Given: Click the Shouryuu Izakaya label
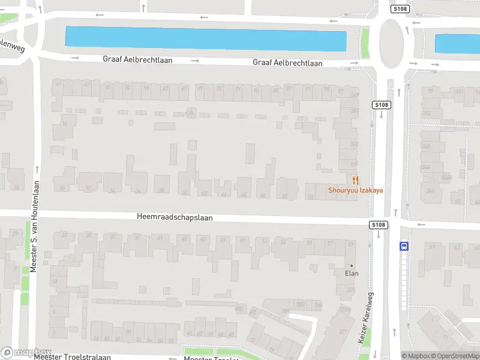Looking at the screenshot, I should click(355, 190).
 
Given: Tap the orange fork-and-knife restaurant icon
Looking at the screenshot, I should click(355, 179).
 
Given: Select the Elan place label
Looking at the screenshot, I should click(352, 274).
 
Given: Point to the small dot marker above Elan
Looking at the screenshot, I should click(352, 266).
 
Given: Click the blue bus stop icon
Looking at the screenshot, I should click(404, 245).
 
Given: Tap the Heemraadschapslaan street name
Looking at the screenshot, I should click(175, 218).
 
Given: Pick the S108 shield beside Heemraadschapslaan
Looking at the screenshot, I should click(377, 225).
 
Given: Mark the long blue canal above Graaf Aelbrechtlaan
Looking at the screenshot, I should click(206, 39).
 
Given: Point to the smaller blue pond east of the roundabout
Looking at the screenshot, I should click(457, 44).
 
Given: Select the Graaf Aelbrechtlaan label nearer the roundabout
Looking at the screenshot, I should click(287, 63).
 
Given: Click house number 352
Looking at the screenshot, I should click(427, 113).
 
